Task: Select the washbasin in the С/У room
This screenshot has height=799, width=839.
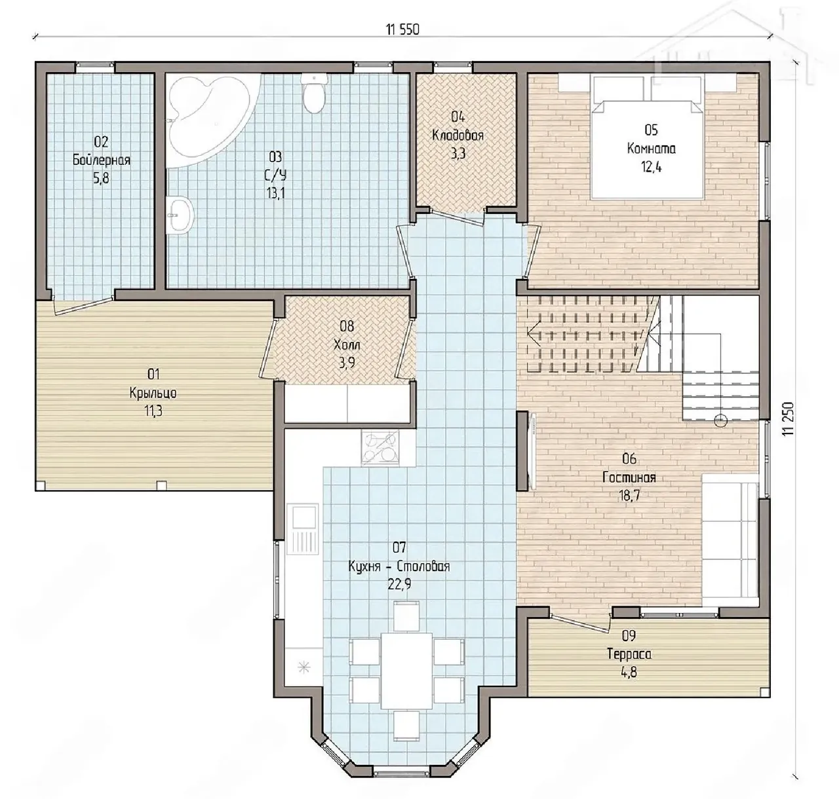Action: [180, 215]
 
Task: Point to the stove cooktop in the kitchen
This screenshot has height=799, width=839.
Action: [380, 447]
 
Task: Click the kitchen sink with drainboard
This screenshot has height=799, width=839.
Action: [303, 529]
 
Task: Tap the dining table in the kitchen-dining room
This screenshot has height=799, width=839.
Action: [406, 671]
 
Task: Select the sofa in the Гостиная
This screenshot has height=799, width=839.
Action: [730, 540]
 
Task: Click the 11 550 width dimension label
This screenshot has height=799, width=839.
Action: [403, 29]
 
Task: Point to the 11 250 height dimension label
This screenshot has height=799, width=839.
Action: [789, 418]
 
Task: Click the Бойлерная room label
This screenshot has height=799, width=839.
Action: [101, 160]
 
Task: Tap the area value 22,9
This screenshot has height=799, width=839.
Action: [399, 584]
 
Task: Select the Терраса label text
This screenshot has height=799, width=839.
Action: [629, 654]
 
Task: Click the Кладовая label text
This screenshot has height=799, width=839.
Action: [458, 136]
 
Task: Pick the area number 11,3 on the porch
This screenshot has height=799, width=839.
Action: [153, 411]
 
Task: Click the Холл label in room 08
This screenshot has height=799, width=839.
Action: [347, 344]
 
